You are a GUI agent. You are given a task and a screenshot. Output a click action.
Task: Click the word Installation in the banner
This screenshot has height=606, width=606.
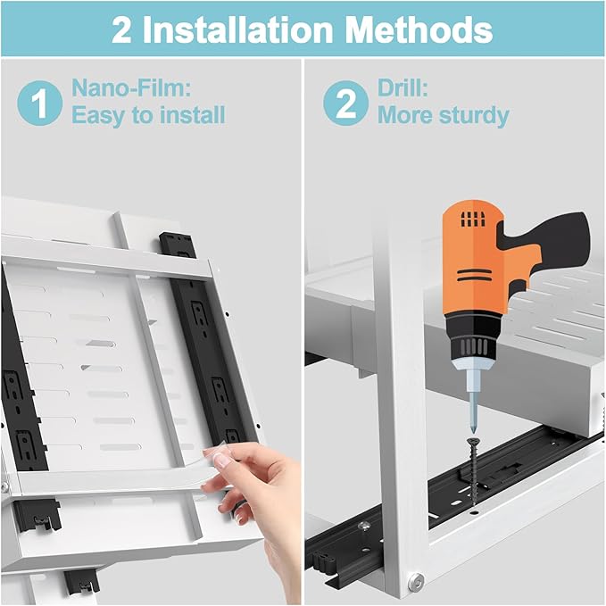(237, 29)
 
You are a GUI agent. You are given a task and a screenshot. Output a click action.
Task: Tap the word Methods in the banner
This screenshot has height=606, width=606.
(419, 29)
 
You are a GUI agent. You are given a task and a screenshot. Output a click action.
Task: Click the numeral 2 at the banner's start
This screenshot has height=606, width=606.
(121, 30)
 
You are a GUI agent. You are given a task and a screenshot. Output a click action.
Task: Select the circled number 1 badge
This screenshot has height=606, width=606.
(39, 103)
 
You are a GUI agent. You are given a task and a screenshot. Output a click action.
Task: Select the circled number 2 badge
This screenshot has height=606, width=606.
(345, 103)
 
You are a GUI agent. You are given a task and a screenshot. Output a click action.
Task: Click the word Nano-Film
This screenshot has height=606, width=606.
(131, 88)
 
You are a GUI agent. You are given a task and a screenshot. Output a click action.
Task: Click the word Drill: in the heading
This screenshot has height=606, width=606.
(403, 88)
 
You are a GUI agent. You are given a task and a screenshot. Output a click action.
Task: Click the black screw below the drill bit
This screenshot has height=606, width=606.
(472, 472)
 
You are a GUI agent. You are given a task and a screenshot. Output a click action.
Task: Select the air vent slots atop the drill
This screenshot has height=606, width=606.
(472, 220)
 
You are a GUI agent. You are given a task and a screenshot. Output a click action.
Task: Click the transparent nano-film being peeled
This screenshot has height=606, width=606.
(215, 453)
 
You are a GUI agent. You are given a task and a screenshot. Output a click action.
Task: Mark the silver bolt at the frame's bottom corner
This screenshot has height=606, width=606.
(416, 582)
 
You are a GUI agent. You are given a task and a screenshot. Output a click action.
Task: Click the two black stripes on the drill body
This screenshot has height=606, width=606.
(474, 276)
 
